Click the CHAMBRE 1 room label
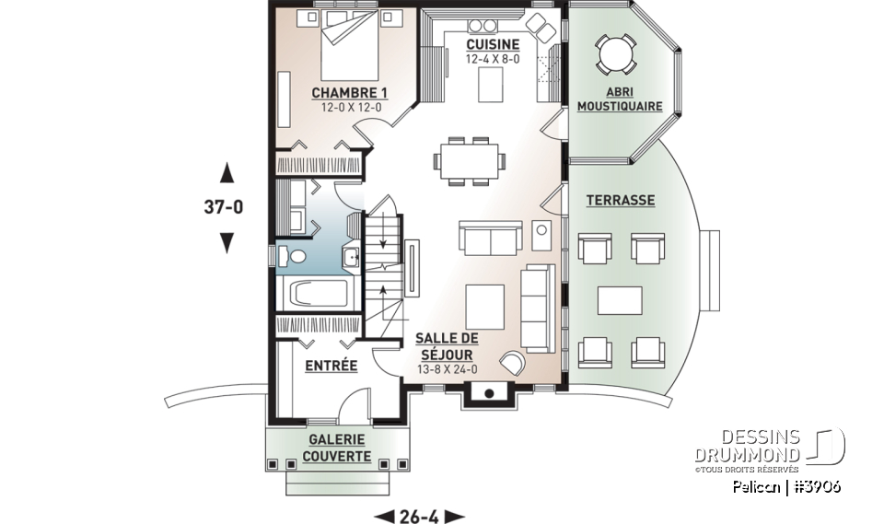coord(349,93)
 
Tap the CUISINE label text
coord(492,44)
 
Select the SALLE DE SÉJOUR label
coord(446,346)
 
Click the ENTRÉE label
coord(331,366)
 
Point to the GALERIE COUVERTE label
coord(336,448)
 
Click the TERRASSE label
coord(621,200)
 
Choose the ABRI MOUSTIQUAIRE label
coord(620,99)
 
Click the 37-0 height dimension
coord(223,207)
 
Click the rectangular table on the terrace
coord(620,300)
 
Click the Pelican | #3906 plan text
coord(786,486)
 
